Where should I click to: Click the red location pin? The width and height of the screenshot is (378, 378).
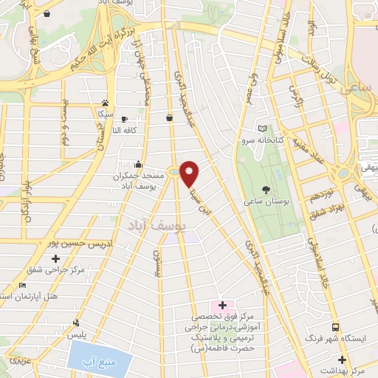pos(190,173)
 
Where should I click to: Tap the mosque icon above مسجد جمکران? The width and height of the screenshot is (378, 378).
pos(139,164)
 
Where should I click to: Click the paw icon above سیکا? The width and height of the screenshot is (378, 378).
pos(106,103)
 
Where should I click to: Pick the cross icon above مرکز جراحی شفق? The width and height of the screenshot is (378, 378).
pos(56,258)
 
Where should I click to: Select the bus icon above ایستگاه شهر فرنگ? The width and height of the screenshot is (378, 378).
pos(335,327)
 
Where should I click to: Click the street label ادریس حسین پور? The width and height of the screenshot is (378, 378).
pos(69,242)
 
